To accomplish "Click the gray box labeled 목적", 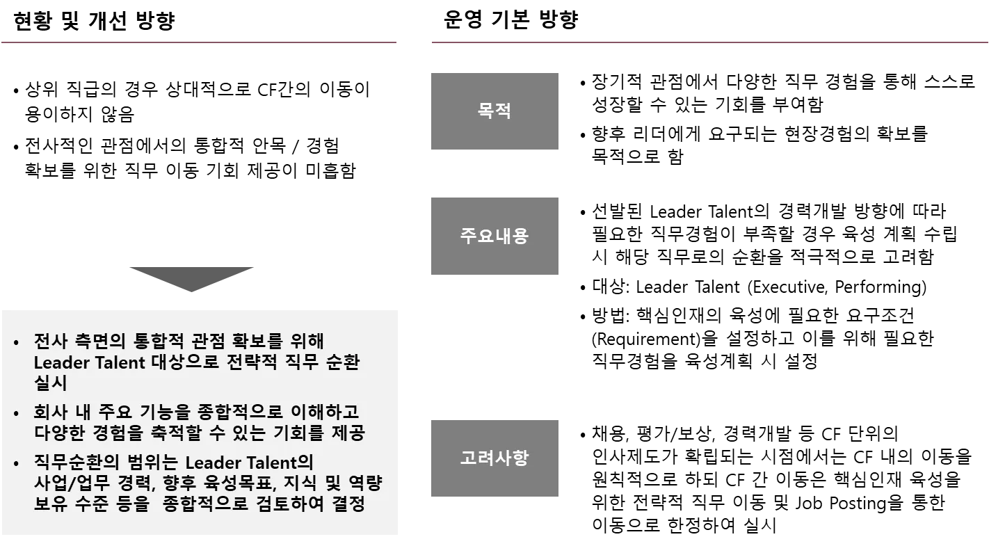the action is (x=494, y=111).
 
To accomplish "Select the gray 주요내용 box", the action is (x=494, y=236).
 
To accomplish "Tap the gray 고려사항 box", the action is (x=494, y=458).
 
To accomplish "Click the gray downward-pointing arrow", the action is (x=192, y=280).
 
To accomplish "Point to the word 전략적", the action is (x=253, y=362).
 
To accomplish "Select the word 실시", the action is (x=50, y=383).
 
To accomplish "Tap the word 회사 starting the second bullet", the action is (x=50, y=412).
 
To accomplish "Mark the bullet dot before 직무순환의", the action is (x=17, y=463).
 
